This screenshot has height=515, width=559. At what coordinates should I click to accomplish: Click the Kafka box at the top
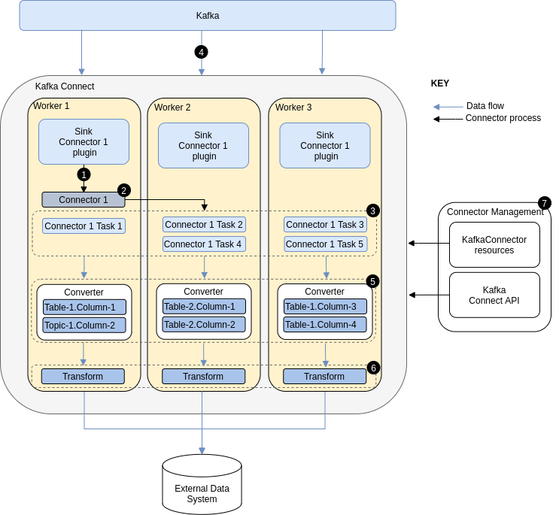[207, 16]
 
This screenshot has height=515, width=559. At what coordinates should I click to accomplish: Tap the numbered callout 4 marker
[201, 52]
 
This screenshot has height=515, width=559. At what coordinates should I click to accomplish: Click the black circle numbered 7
[544, 203]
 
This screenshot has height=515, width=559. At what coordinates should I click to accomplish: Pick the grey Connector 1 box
[84, 200]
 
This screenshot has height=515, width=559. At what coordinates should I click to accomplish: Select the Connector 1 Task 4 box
[204, 244]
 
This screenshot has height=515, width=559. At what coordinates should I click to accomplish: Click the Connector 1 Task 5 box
[325, 244]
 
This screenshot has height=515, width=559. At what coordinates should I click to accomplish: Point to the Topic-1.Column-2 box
[84, 326]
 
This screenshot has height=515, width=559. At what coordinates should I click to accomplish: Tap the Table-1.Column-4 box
[325, 325]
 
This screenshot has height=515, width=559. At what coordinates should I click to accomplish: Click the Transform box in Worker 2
[203, 377]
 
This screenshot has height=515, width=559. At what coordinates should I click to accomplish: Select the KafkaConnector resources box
[494, 245]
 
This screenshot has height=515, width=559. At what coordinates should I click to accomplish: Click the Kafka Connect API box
[494, 295]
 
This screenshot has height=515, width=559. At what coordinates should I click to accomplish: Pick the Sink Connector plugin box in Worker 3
[325, 146]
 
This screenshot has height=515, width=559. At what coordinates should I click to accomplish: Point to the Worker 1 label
[51, 106]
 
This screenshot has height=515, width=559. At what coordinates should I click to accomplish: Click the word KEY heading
[440, 83]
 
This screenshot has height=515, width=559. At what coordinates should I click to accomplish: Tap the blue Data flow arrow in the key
[448, 107]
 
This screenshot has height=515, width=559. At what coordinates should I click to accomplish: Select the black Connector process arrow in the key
[448, 119]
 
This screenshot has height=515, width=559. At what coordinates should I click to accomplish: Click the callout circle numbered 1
[84, 174]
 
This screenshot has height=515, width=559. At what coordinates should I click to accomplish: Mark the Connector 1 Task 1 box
[84, 226]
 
